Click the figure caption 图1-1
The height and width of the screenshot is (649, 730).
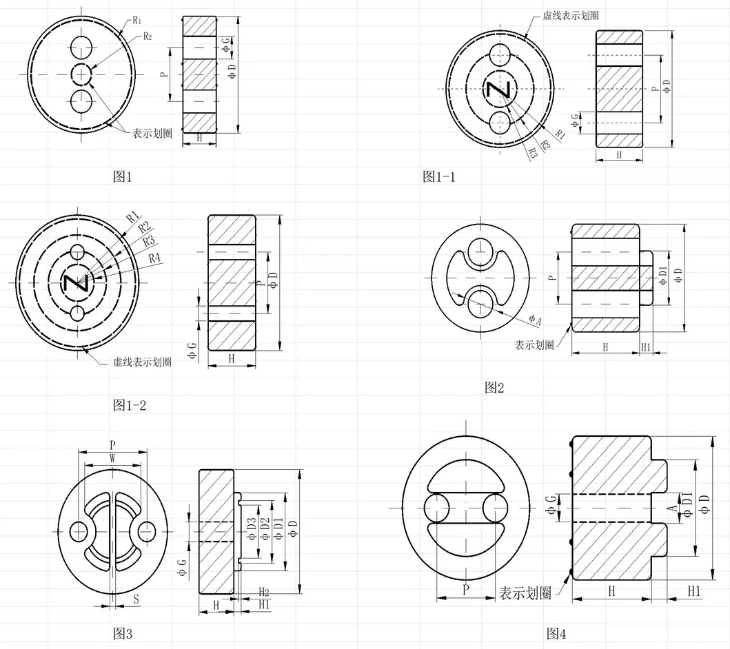438,177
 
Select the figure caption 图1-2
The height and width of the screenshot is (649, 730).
130,405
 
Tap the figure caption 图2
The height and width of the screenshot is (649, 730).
494,387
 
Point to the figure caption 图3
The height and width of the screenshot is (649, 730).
123,633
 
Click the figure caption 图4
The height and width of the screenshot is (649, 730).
556,633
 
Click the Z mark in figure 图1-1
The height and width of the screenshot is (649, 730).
498,90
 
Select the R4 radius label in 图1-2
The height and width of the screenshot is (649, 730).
154,258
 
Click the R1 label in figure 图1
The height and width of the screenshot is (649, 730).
137,20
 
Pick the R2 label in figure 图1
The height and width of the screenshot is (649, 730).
148,37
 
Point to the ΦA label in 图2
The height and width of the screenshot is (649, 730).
536,320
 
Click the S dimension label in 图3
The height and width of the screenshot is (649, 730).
136,599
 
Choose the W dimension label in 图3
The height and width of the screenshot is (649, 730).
112,459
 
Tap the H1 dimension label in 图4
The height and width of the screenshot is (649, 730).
694,591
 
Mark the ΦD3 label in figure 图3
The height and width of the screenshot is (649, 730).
252,529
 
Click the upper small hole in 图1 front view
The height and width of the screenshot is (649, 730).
81,46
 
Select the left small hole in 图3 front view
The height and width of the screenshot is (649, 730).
79,530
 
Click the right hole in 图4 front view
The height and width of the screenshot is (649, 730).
494,508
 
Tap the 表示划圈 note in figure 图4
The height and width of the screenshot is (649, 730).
525,593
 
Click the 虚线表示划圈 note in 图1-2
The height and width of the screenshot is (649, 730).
142,362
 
